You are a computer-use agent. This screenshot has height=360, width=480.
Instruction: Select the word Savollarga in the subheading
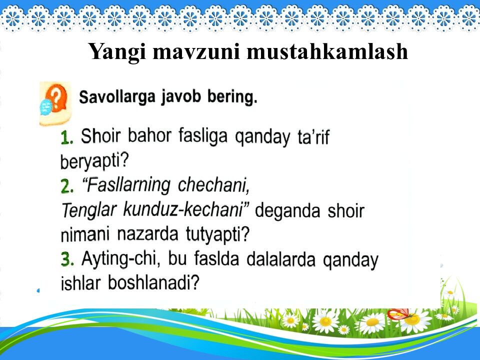coord(117,96)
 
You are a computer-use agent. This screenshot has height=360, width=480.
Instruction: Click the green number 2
coord(67,186)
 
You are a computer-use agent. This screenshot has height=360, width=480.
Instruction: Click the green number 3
coord(67,259)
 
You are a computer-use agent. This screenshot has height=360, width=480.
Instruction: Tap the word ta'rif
coord(311,137)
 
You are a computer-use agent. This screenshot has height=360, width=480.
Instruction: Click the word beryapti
coord(94,161)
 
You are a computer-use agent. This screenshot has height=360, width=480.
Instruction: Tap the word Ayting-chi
coord(121,259)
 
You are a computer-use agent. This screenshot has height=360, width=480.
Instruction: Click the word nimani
coord(86,234)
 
